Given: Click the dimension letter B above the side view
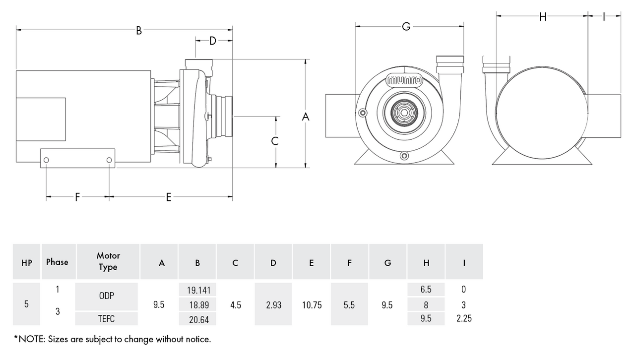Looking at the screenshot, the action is tap(138, 30).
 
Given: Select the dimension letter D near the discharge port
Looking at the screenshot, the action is tap(213, 41).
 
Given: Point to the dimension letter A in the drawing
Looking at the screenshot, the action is tap(305, 117).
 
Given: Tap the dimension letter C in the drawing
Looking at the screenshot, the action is tap(275, 141).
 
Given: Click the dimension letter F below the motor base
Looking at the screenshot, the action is tap(77, 197).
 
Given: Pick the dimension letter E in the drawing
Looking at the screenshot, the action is tap(168, 197).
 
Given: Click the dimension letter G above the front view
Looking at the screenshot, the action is tap(406, 27).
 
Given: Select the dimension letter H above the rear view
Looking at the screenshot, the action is tap(543, 17).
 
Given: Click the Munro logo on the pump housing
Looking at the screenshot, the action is tap(404, 80).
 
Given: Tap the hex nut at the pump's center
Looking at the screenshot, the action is tap(404, 113).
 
